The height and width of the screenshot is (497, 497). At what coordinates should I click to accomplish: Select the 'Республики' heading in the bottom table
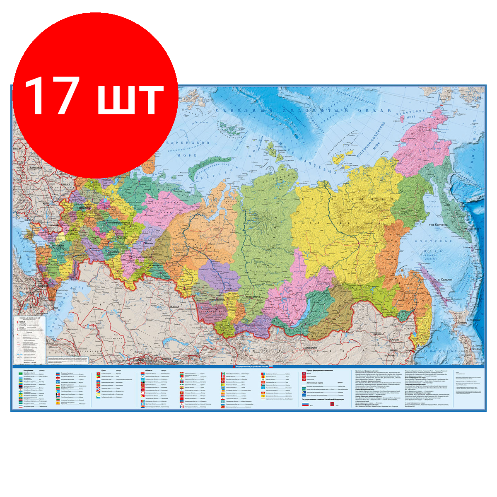click(25, 370)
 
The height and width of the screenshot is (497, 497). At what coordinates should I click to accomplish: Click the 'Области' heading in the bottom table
click(150, 370)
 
